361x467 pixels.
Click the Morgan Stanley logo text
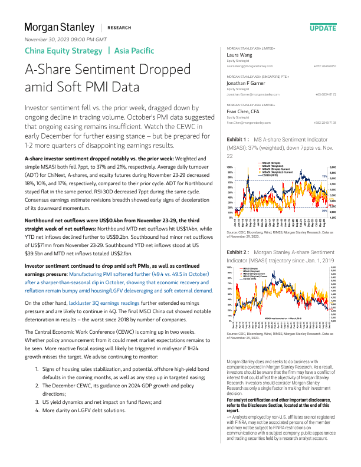(x=59, y=27)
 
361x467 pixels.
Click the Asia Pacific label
(x=134, y=51)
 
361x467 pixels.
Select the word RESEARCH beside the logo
(x=120, y=28)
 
